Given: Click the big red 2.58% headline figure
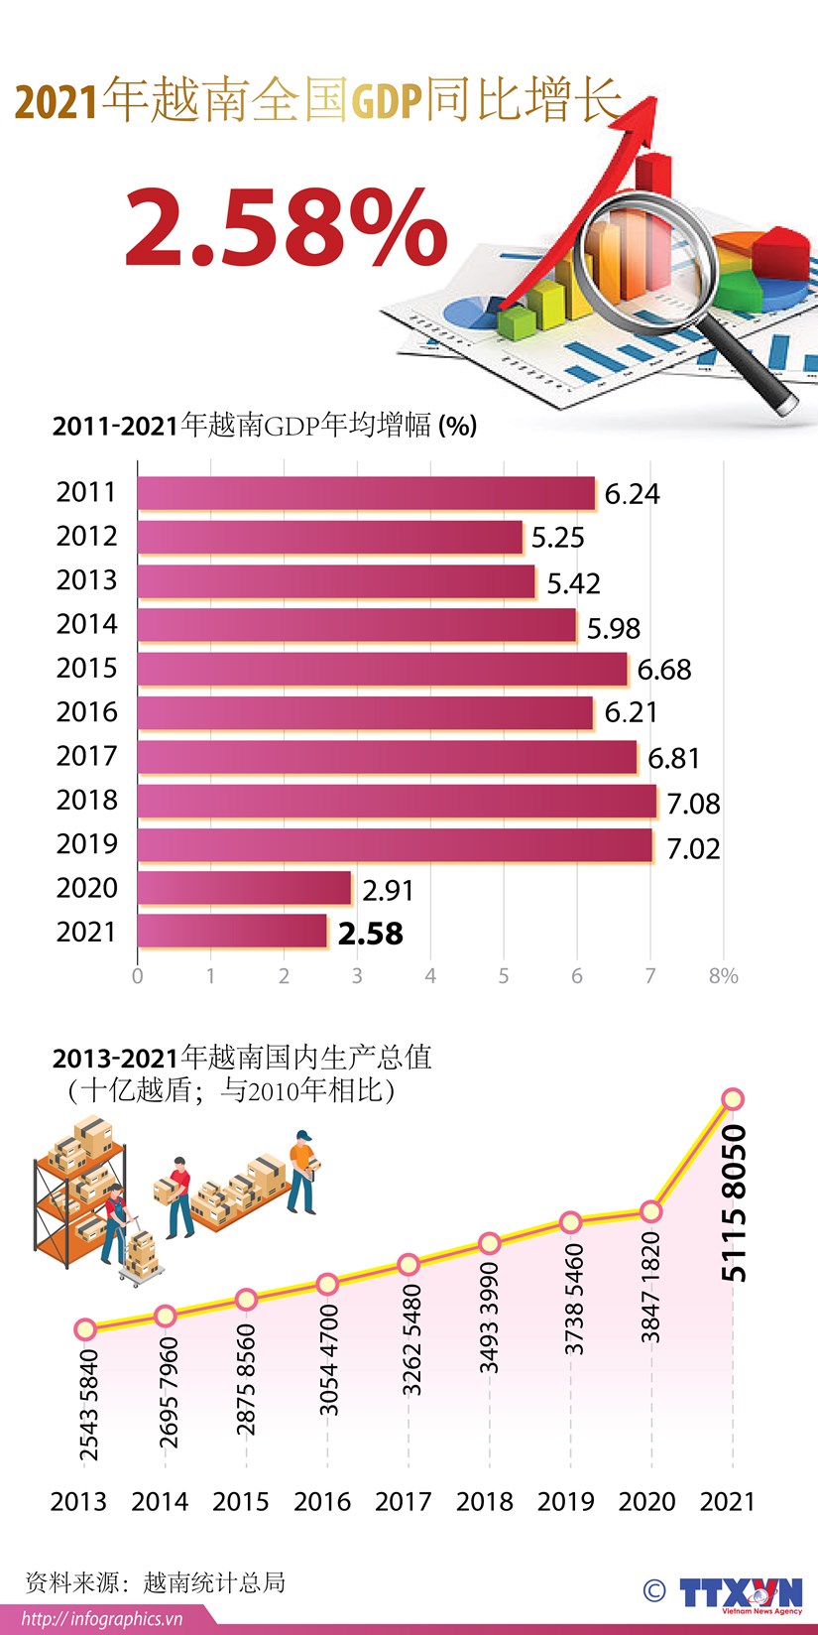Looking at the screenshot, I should click(x=286, y=228).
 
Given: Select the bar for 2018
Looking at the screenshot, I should click(x=397, y=801).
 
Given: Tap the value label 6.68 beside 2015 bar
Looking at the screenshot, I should click(x=663, y=670).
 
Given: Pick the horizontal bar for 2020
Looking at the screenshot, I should click(x=244, y=888).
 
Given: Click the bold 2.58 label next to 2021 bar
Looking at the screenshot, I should click(x=370, y=934).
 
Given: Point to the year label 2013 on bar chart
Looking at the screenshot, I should click(x=86, y=580).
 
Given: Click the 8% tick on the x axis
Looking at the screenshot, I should click(x=723, y=976).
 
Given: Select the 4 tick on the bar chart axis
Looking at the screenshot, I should click(x=430, y=976).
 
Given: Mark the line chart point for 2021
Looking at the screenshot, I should click(x=733, y=1099).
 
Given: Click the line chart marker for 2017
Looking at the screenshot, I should click(x=409, y=1265).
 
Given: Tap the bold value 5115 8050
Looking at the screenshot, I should click(x=733, y=1202).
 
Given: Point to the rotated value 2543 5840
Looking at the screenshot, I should click(x=88, y=1405).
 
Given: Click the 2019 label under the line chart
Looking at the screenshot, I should click(x=566, y=1502).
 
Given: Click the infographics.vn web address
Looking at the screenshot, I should click(x=102, y=1619).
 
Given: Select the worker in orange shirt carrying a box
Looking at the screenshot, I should click(x=302, y=1172).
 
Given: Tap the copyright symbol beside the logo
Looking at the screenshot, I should click(x=654, y=1590).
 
